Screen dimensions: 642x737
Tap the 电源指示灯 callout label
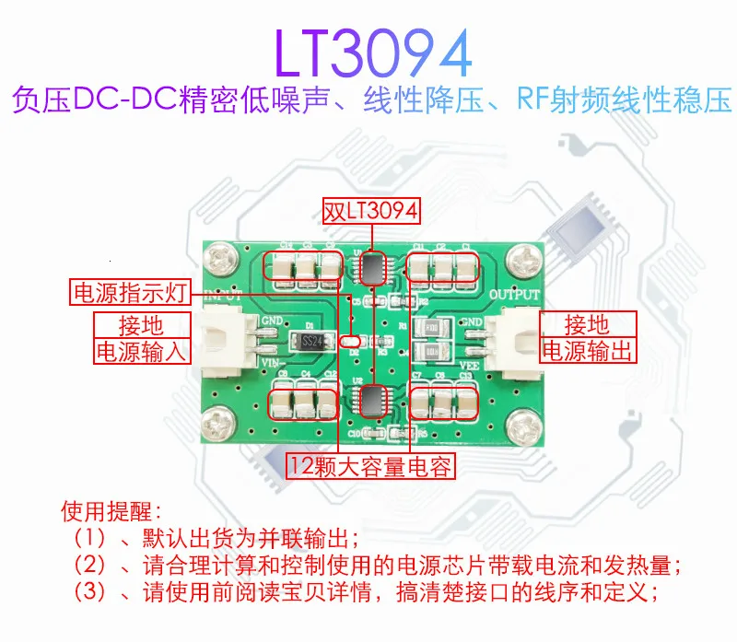(130, 294)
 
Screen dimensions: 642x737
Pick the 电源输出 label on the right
(589, 351)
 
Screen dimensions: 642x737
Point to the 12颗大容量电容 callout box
(370, 466)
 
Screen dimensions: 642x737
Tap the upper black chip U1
(372, 267)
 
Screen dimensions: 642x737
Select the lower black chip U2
(372, 401)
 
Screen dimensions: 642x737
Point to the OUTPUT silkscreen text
(515, 295)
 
